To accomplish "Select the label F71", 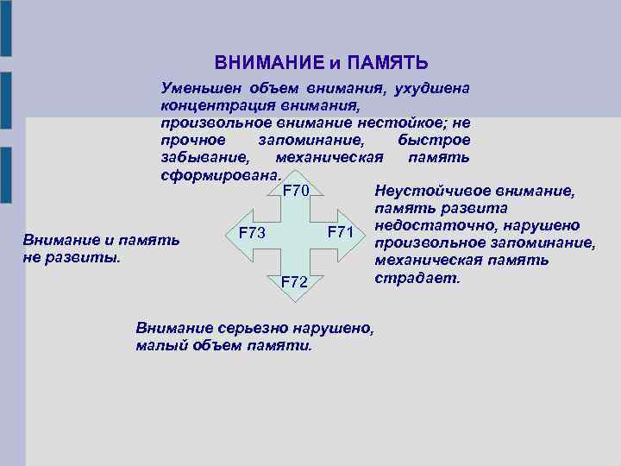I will pos(342,232).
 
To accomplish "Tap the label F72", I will pos(296,281).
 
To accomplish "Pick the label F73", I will pos(251,232).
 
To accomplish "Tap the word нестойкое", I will pos(403,123).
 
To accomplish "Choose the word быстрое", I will pos(435,140).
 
